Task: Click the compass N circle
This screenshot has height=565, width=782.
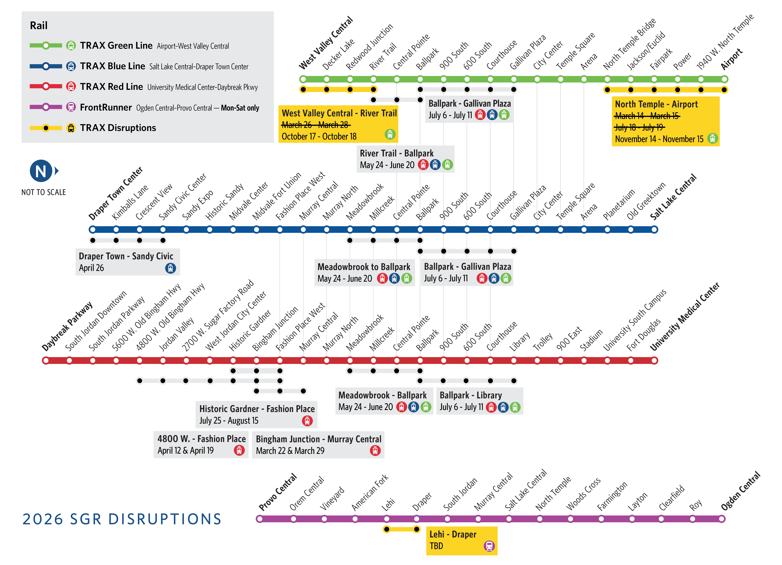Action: pos(41,171)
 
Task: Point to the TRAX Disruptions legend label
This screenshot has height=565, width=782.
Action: pos(118,128)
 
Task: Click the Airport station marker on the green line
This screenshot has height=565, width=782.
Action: pos(724,79)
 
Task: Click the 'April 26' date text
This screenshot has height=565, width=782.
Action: pos(91,268)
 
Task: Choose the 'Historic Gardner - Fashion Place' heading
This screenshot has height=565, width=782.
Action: pos(257,409)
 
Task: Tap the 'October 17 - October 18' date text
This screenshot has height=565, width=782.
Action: pos(319,137)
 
